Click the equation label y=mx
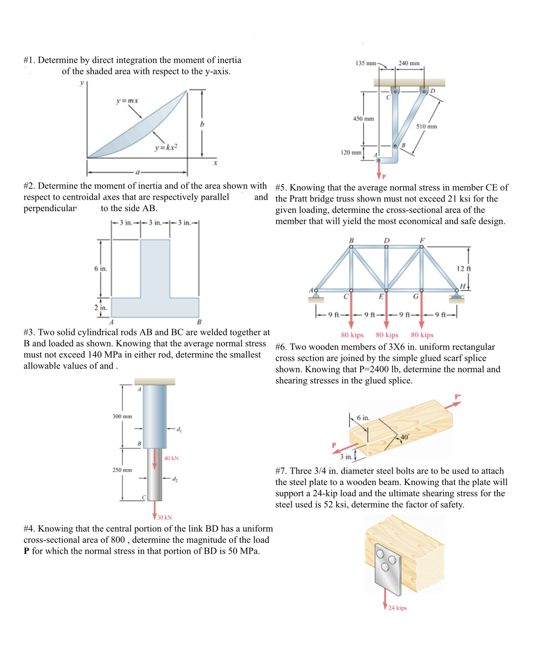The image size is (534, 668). (x=127, y=101)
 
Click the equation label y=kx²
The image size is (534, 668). (x=166, y=147)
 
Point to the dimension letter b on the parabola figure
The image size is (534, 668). (x=202, y=124)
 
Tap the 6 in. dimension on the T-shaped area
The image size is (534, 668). (x=101, y=269)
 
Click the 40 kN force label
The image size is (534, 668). (x=171, y=458)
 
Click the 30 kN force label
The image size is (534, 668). (x=165, y=517)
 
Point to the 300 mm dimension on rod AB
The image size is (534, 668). (x=122, y=416)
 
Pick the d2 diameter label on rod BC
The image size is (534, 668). (x=175, y=479)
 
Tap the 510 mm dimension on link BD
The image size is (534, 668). (x=426, y=126)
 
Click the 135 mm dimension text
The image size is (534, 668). (x=366, y=63)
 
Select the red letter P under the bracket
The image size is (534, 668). (x=384, y=177)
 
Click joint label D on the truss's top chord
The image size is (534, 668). (x=387, y=240)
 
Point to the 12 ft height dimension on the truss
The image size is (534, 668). (x=464, y=269)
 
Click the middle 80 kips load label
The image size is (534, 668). (x=387, y=335)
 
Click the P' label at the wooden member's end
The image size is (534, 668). (x=458, y=397)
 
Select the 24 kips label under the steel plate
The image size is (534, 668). (x=397, y=608)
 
